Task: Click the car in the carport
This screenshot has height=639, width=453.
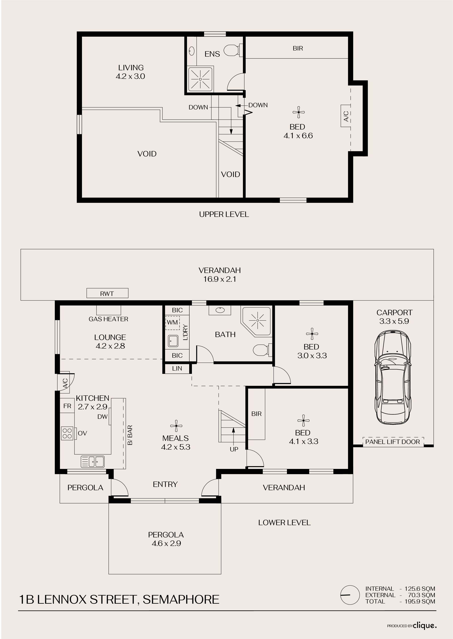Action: click(393, 378)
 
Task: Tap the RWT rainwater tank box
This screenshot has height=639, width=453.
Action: click(107, 293)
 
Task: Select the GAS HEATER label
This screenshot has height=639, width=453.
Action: click(109, 319)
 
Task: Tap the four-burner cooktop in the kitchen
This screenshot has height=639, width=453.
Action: click(67, 433)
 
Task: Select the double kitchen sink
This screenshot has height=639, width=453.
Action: click(93, 462)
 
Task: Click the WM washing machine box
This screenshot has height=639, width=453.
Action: click(172, 323)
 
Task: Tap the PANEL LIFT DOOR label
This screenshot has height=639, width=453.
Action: click(393, 442)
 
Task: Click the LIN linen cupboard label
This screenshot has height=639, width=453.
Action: click(177, 368)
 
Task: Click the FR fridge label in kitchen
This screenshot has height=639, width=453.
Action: click(67, 406)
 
